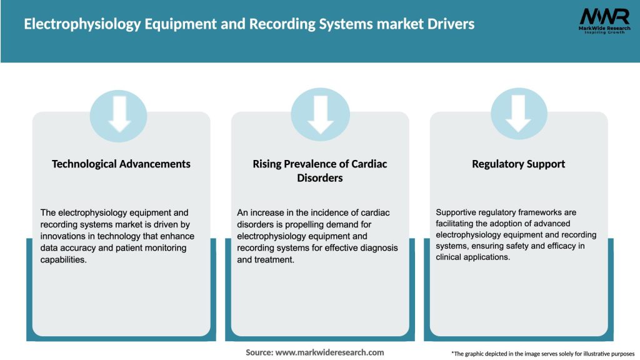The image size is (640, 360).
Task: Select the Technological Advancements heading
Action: pos(121,164)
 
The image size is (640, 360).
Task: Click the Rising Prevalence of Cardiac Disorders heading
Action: pos(320,171)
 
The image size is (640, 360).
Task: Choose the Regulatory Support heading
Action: pos(518,164)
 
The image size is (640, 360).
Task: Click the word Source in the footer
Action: pos(259,352)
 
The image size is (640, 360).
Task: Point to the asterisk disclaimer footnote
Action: pos(542,354)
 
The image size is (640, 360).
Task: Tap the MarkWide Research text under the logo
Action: pos(595,29)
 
